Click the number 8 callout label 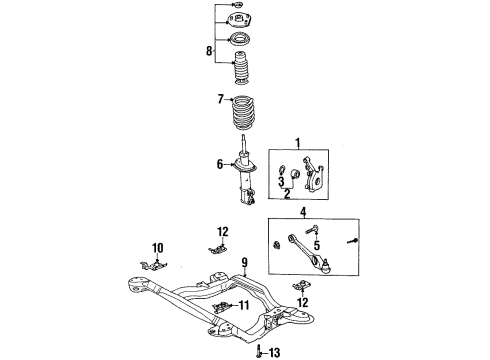click(209, 49)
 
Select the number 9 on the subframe click(243, 263)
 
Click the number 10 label click(157, 247)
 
